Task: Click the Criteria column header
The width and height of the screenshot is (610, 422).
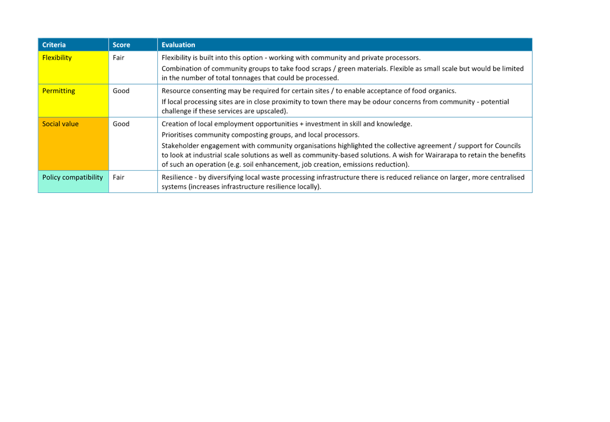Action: click(54, 45)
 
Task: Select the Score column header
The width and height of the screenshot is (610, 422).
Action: click(122, 45)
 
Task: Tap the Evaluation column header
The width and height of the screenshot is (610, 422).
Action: click(178, 45)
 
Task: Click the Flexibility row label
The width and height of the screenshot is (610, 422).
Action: click(57, 58)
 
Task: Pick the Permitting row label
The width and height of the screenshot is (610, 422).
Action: click(59, 91)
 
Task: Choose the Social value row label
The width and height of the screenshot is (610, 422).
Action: click(60, 123)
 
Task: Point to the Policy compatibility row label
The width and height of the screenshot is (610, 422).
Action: click(73, 177)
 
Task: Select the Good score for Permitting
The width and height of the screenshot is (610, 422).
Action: click(121, 91)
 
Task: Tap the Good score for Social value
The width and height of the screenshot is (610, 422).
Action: click(121, 123)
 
